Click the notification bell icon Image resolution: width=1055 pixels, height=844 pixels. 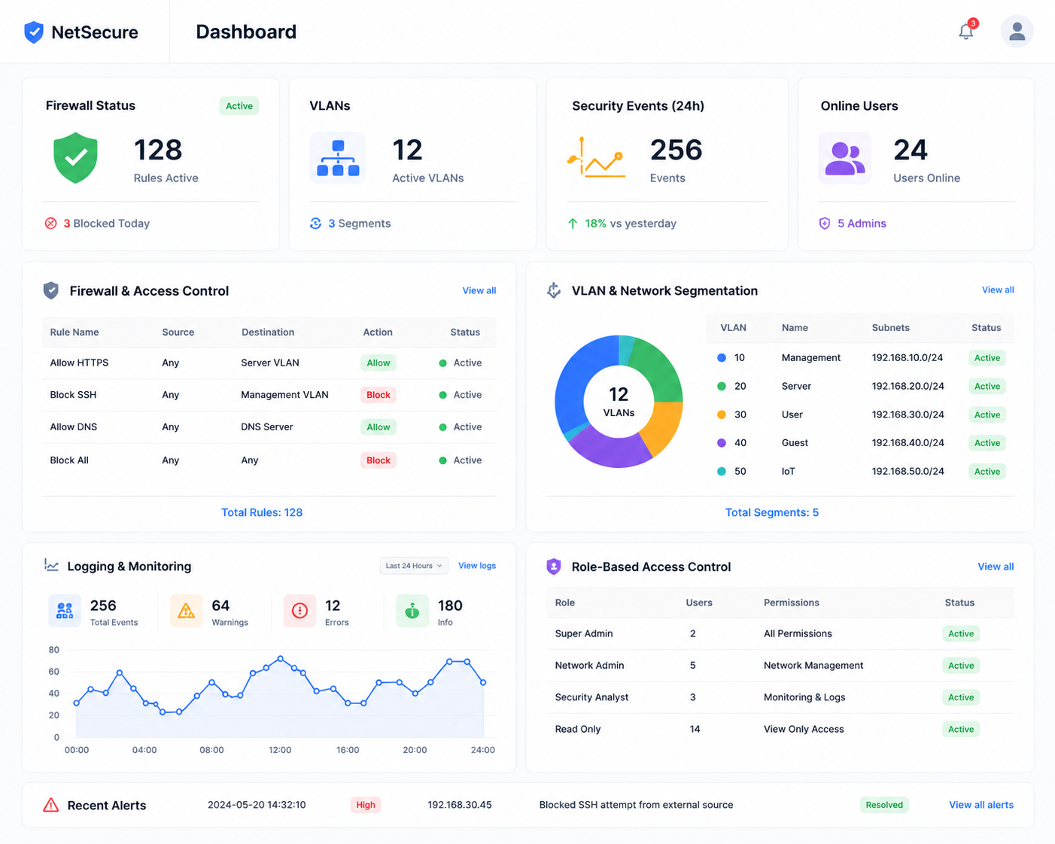(965, 32)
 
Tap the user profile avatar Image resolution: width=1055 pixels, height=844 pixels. (1017, 32)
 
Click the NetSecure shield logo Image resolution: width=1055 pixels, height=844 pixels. (34, 32)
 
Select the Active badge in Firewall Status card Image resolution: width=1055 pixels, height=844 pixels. (239, 106)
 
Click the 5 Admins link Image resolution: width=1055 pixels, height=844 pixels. (862, 223)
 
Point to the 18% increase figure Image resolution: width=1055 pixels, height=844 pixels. (595, 223)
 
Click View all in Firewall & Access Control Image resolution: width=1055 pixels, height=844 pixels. (479, 290)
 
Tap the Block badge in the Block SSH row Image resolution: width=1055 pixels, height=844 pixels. (379, 395)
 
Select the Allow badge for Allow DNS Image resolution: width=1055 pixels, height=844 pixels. (379, 427)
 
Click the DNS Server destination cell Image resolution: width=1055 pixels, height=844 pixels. (266, 427)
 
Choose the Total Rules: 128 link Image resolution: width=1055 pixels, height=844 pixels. (262, 512)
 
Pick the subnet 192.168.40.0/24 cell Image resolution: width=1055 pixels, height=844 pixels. (908, 442)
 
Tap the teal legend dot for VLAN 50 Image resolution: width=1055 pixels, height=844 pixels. (721, 471)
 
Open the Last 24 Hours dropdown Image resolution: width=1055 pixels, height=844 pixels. (414, 566)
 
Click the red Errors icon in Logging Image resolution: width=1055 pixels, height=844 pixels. (299, 611)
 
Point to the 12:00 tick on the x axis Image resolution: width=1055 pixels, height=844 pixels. (280, 750)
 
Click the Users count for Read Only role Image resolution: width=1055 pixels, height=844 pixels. (695, 729)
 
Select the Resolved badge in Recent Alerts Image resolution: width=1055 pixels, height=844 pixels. (884, 805)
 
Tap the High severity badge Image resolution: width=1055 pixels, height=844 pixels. (366, 805)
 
